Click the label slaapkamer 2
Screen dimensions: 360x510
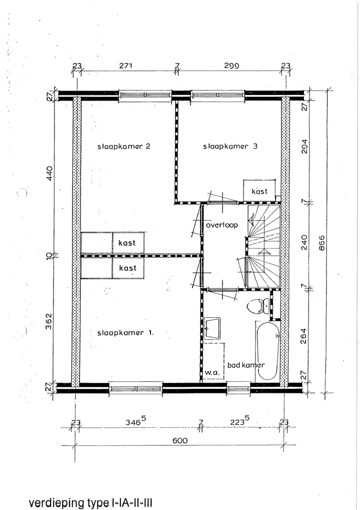click(x=124, y=146)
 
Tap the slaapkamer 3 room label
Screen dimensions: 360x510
click(x=230, y=146)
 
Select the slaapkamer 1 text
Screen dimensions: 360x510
click(x=125, y=333)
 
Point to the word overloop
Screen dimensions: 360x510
click(x=222, y=225)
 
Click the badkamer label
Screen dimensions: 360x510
click(x=246, y=365)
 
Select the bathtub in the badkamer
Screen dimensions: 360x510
click(x=268, y=351)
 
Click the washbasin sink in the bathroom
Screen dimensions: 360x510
click(x=212, y=328)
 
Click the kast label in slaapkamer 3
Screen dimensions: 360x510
click(x=259, y=191)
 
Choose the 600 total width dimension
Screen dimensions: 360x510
click(x=180, y=440)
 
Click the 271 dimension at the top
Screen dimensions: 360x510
click(x=125, y=66)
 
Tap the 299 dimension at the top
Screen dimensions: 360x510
click(x=231, y=66)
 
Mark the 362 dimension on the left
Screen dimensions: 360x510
click(x=48, y=321)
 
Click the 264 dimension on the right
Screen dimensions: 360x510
click(x=304, y=335)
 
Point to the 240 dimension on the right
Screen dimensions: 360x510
click(x=304, y=243)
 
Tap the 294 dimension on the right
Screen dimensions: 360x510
click(x=304, y=147)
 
